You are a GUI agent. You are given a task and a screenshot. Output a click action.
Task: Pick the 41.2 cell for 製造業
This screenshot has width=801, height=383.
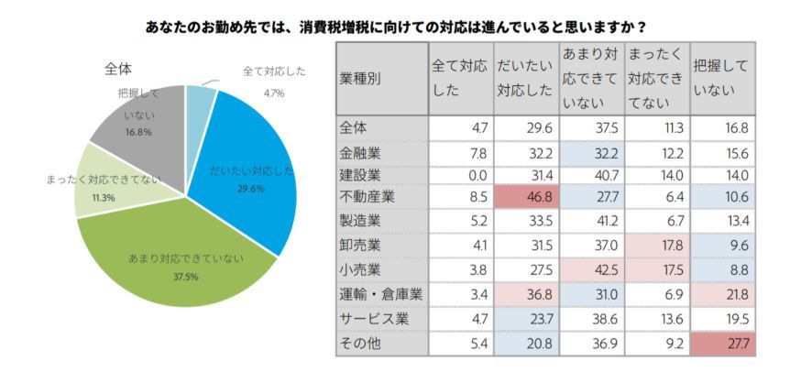click(x=590, y=223)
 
